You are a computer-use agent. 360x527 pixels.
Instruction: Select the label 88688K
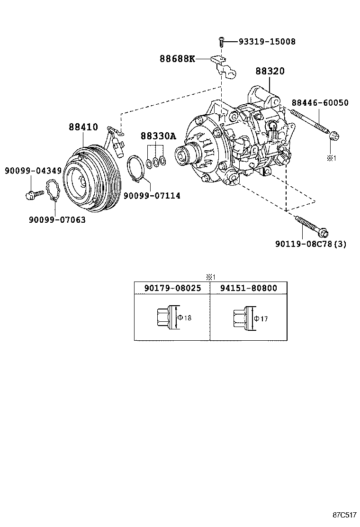tap(177, 59)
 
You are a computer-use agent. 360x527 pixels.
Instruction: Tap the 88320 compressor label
tap(270, 71)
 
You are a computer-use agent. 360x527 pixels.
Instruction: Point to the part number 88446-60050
tap(320, 103)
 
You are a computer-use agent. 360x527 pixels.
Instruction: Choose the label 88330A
tap(158, 136)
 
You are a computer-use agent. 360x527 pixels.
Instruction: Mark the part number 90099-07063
tap(57, 219)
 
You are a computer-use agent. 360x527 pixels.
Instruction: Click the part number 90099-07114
tap(152, 195)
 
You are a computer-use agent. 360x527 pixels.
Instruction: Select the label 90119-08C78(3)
tap(311, 244)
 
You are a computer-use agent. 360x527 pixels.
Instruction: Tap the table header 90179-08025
tap(172, 288)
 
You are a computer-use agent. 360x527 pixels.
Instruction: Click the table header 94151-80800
tap(248, 288)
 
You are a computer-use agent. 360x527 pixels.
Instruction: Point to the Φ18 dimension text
tap(185, 318)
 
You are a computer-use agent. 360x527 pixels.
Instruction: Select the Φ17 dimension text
tap(261, 318)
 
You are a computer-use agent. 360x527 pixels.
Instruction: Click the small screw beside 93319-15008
tap(221, 42)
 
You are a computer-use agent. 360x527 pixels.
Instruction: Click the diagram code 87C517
tap(344, 515)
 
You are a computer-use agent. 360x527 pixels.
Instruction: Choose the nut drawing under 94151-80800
tap(241, 318)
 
